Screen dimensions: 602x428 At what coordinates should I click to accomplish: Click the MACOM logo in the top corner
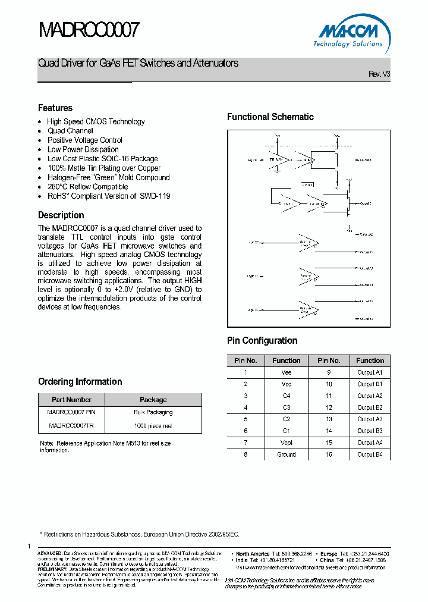point(349,35)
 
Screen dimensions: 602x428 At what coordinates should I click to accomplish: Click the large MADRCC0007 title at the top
point(89,30)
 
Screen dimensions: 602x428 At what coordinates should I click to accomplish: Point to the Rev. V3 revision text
point(379,74)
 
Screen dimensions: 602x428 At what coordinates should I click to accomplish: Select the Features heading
point(55,108)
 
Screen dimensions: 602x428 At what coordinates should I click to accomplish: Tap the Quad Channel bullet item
point(70,131)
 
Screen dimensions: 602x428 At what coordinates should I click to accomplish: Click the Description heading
point(61,215)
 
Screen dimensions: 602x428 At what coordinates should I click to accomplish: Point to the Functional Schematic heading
point(270,117)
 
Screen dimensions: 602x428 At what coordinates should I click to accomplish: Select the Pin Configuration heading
point(262,341)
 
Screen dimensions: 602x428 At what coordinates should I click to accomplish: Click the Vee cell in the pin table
point(287,372)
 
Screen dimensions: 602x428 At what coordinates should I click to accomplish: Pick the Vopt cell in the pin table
point(287,443)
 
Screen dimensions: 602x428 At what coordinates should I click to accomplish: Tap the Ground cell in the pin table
point(287,454)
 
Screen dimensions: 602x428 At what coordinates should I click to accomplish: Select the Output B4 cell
point(370,454)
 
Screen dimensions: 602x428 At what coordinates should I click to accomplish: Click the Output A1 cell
point(370,372)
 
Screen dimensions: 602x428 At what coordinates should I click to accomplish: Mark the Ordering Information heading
point(80,382)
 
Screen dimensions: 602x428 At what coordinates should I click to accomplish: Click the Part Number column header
point(71,400)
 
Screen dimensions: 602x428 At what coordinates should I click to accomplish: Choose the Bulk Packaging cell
point(153,412)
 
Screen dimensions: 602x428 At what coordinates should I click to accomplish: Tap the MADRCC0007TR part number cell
point(71,426)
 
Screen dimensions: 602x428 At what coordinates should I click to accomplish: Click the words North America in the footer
point(253,554)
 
